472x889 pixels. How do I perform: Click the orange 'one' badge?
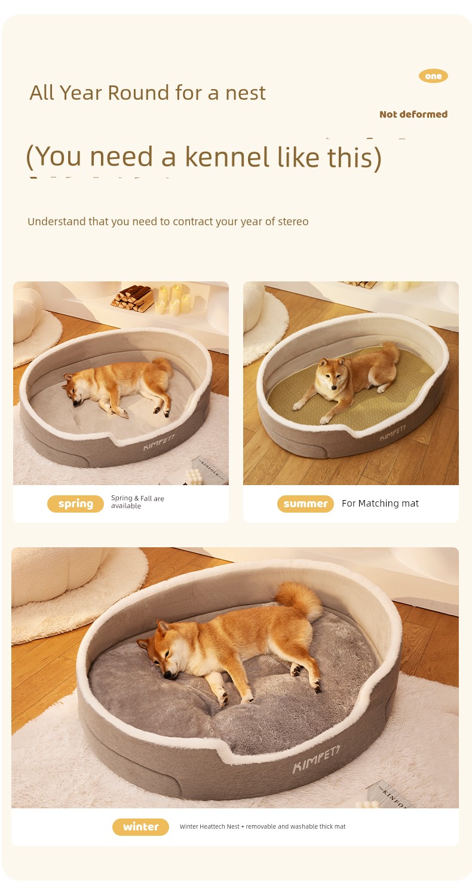pyautogui.click(x=433, y=76)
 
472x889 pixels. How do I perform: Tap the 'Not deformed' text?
pyautogui.click(x=413, y=114)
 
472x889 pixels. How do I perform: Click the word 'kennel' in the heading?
pyautogui.click(x=228, y=157)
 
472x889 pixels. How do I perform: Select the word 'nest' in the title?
pyautogui.click(x=246, y=93)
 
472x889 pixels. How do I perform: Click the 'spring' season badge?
pyautogui.click(x=75, y=504)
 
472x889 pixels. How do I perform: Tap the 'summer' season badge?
pyautogui.click(x=305, y=504)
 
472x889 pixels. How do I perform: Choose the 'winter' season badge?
pyautogui.click(x=140, y=827)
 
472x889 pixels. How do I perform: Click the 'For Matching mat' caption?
pyautogui.click(x=380, y=503)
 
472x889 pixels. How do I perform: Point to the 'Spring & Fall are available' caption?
pyautogui.click(x=137, y=502)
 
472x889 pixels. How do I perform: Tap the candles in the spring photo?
pyautogui.click(x=173, y=299)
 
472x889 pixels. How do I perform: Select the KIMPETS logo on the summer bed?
pyautogui.click(x=393, y=433)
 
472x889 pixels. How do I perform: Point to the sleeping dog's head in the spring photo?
pyautogui.click(x=73, y=388)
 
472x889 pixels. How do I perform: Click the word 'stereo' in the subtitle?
pyautogui.click(x=293, y=222)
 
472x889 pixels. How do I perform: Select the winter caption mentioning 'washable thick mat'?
pyautogui.click(x=262, y=826)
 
